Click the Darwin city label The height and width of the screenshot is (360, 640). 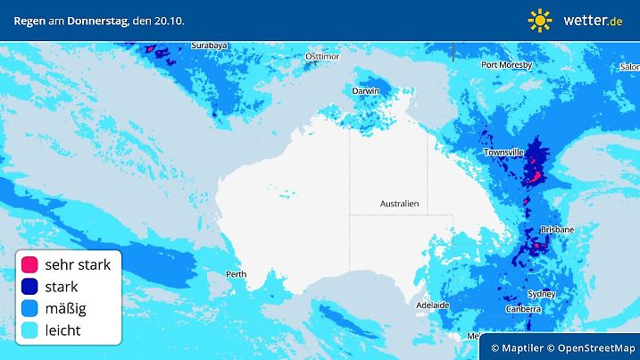point(365,90)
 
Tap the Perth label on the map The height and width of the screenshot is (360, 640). point(237,274)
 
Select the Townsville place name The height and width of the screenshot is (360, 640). point(503,153)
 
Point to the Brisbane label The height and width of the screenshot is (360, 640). point(557,230)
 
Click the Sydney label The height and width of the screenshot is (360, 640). point(541,294)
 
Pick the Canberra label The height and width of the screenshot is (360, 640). point(522,309)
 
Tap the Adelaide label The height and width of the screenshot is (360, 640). point(434,305)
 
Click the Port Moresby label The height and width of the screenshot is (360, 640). point(506,64)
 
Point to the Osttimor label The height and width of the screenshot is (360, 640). point(323,55)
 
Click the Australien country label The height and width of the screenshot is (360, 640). point(399,204)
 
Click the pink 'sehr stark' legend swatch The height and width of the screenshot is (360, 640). point(29,264)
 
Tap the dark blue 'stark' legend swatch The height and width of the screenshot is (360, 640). point(29,287)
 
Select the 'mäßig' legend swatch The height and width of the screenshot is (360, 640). point(29,308)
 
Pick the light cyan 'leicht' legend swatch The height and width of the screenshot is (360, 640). point(29,331)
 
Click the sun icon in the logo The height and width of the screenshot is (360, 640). point(540,20)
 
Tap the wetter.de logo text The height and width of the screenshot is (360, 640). point(592,20)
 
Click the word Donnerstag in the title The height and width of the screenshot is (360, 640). point(100,20)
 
